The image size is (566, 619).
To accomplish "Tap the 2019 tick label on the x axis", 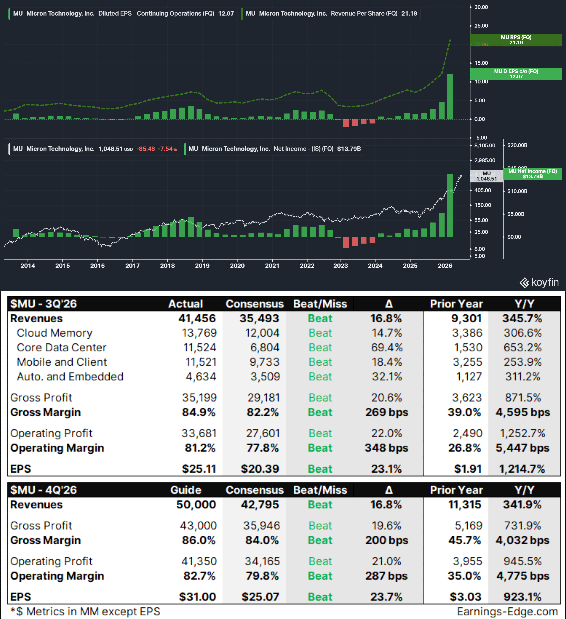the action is click(x=202, y=266).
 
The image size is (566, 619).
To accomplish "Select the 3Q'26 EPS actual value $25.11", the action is click(x=199, y=469).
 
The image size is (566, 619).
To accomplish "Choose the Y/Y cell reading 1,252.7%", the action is click(x=522, y=433).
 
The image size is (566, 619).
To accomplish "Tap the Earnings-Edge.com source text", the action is click(x=507, y=611).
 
